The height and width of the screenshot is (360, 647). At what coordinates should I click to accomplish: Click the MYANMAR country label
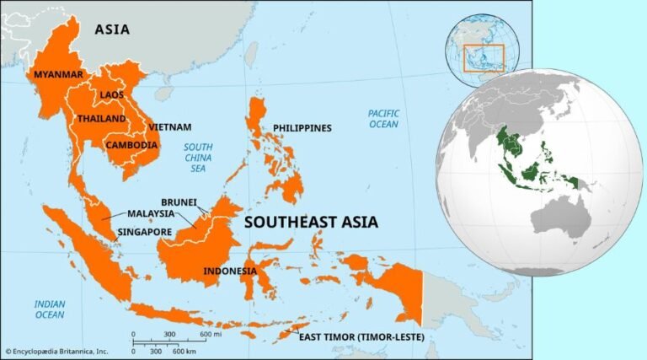tap(58, 75)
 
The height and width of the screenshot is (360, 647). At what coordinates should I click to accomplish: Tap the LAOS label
tap(111, 94)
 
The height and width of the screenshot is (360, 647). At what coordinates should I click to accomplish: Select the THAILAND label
tap(101, 119)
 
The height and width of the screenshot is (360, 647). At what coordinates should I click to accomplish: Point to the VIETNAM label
tap(169, 127)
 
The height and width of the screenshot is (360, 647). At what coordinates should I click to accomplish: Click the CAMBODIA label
tap(131, 145)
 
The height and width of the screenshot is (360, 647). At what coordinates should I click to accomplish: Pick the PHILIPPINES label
tap(302, 128)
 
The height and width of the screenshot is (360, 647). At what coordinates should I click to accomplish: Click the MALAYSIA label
tap(151, 214)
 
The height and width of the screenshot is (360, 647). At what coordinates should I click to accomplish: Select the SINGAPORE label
tap(145, 232)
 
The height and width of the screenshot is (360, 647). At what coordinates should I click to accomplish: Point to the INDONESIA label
tap(229, 271)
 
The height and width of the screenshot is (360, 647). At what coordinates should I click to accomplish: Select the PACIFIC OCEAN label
tap(383, 119)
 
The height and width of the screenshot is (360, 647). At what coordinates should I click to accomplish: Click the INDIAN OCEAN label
tap(50, 309)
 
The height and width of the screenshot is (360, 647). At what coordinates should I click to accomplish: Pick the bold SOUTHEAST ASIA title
tap(311, 223)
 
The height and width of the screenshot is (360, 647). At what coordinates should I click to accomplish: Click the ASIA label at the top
tap(112, 30)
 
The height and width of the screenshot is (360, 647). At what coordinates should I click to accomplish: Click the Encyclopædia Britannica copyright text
tap(56, 352)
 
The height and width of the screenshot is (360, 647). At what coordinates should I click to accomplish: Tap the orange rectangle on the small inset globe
tap(484, 57)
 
